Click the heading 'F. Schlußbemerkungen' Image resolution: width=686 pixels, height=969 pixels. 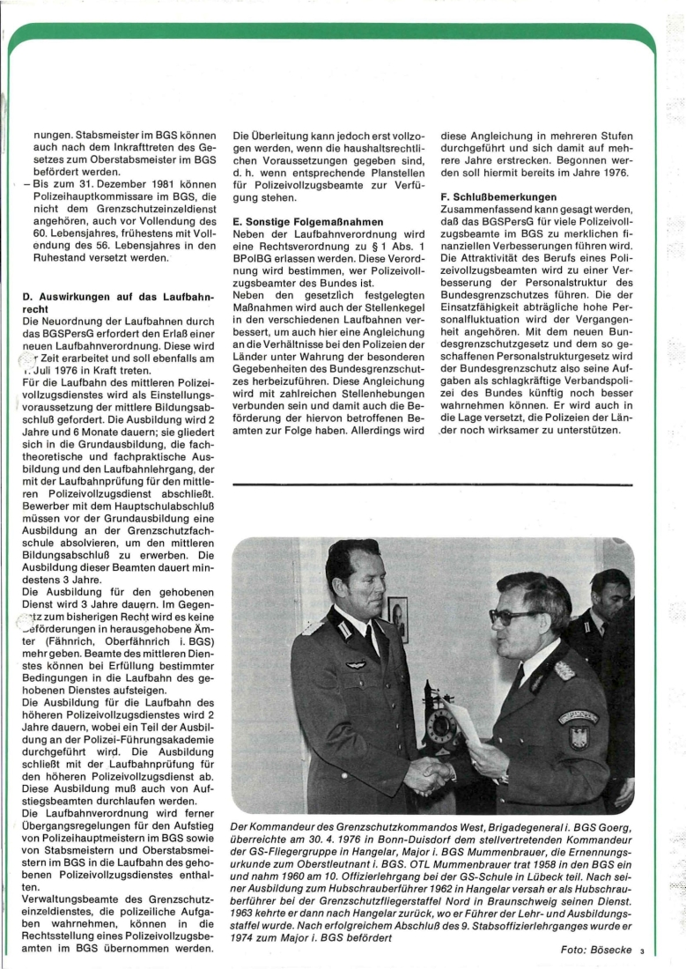tap(498, 196)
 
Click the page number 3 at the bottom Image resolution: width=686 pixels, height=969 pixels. tap(643, 951)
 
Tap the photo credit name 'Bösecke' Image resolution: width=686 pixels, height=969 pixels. tap(609, 950)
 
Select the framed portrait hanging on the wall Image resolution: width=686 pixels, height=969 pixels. tap(397, 618)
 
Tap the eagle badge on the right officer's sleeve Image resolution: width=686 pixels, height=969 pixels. tap(578, 736)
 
